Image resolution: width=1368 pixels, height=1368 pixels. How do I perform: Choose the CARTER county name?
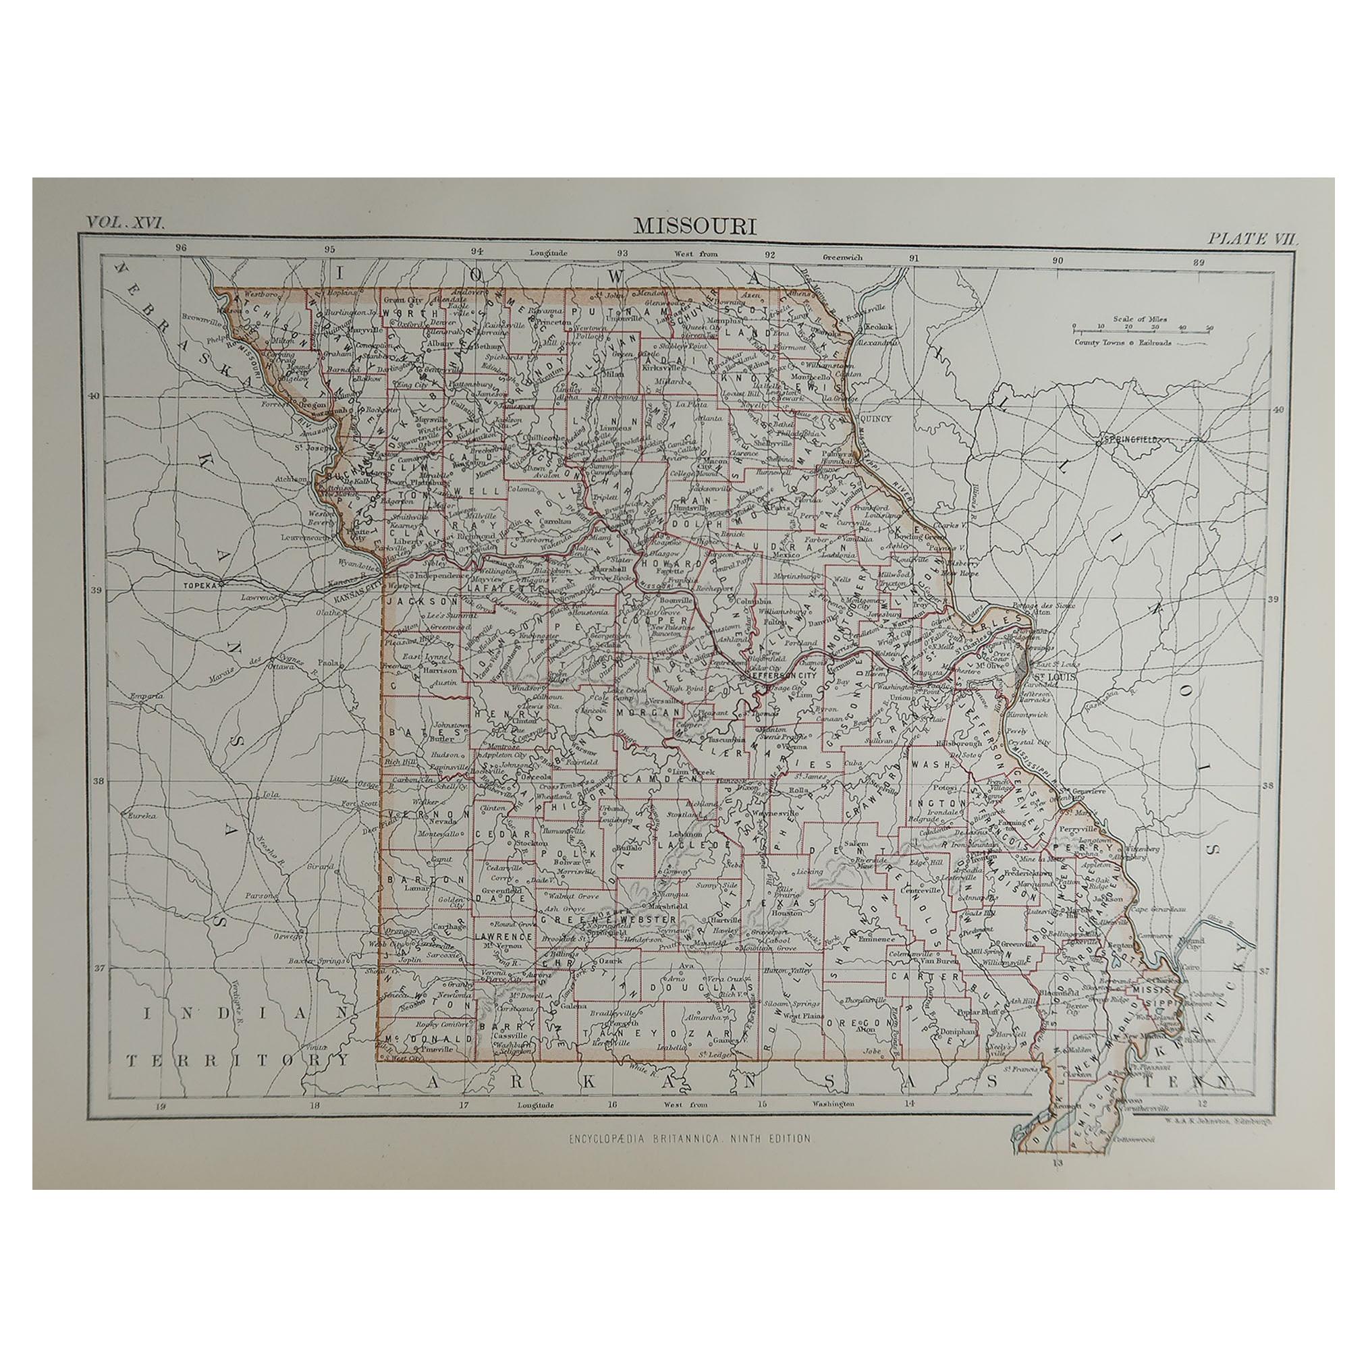click(912, 977)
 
